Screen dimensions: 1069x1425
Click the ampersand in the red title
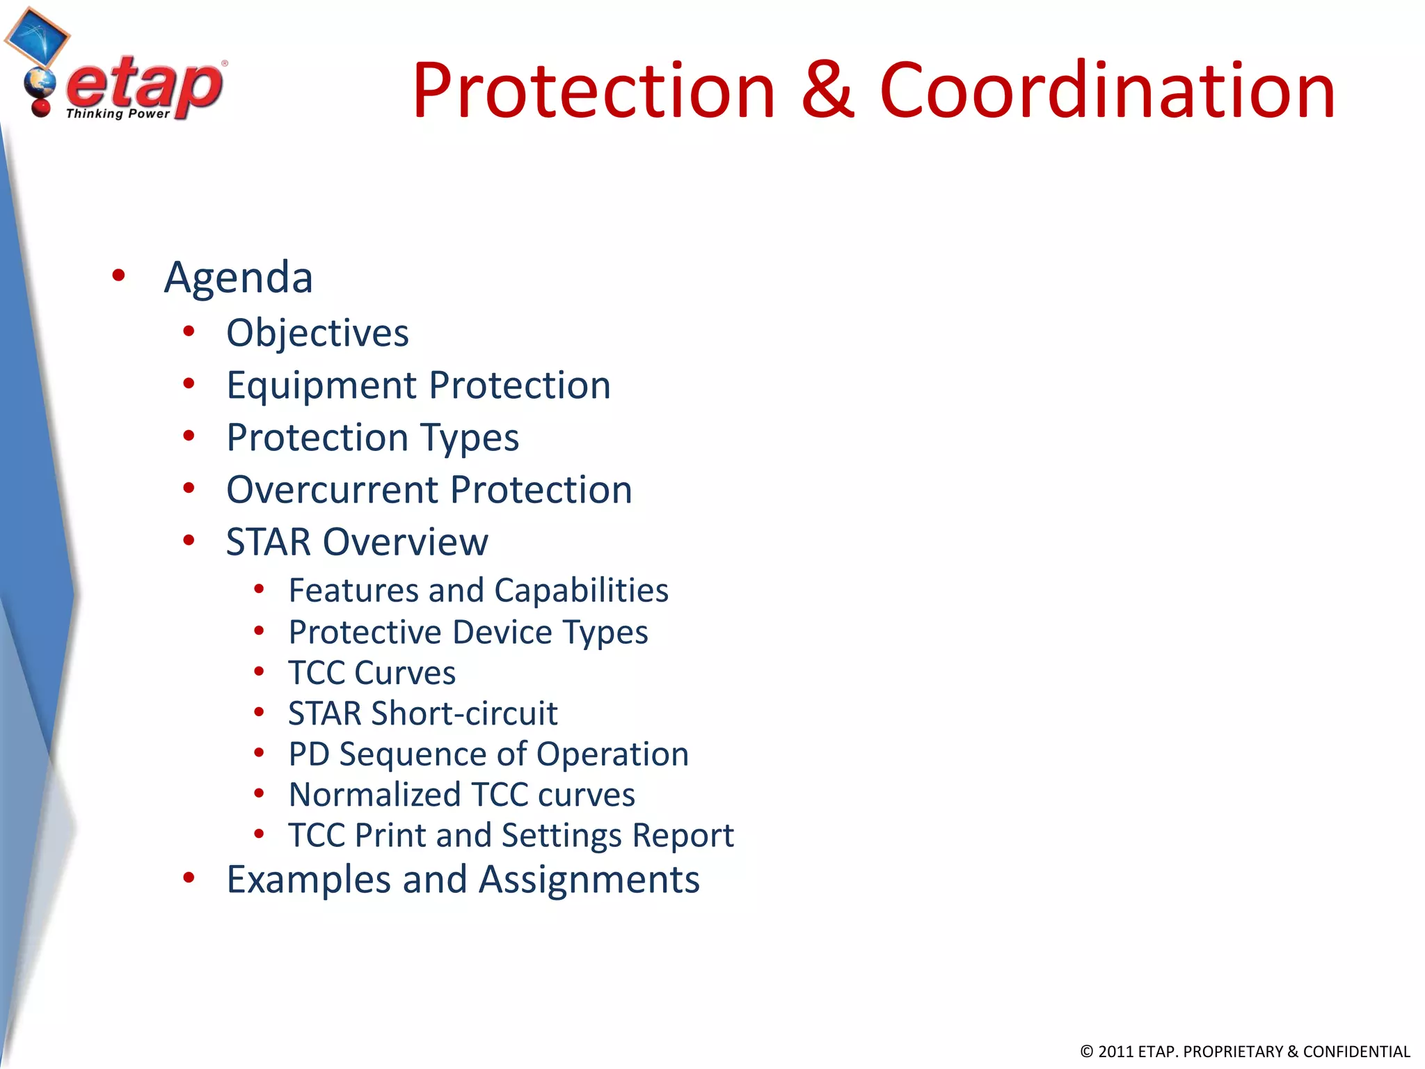(x=827, y=90)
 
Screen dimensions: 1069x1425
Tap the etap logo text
(x=145, y=85)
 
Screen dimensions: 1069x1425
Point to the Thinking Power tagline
(x=118, y=113)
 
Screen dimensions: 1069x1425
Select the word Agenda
(x=238, y=277)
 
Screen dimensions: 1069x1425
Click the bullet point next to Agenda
(x=118, y=276)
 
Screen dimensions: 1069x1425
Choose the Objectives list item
(x=317, y=333)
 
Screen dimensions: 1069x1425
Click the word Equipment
(x=321, y=386)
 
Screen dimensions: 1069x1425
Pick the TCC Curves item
(x=372, y=673)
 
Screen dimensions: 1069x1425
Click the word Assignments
(x=589, y=880)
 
